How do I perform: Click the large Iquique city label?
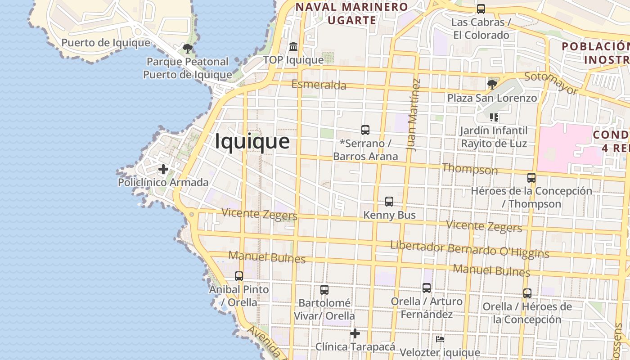[252, 141]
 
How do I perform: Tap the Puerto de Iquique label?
[106, 43]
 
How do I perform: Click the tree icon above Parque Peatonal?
[187, 48]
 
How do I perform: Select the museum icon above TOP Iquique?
[293, 46]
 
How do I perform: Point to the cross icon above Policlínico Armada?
[163, 169]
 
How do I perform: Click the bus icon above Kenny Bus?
[389, 202]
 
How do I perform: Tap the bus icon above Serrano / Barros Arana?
[365, 130]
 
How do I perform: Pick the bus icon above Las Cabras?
[481, 9]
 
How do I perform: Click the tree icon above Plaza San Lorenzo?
[492, 84]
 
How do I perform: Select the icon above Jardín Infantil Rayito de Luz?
[494, 117]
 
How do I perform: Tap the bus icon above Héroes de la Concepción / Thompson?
[531, 177]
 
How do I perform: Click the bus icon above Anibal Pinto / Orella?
[239, 276]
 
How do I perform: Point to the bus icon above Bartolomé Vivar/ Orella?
[324, 289]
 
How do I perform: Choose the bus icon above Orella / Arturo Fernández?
[427, 288]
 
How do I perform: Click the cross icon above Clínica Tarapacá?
[355, 333]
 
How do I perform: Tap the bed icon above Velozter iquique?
[440, 339]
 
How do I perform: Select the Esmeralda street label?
[319, 85]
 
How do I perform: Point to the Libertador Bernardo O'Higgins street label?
[469, 249]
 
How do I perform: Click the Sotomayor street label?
[551, 83]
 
